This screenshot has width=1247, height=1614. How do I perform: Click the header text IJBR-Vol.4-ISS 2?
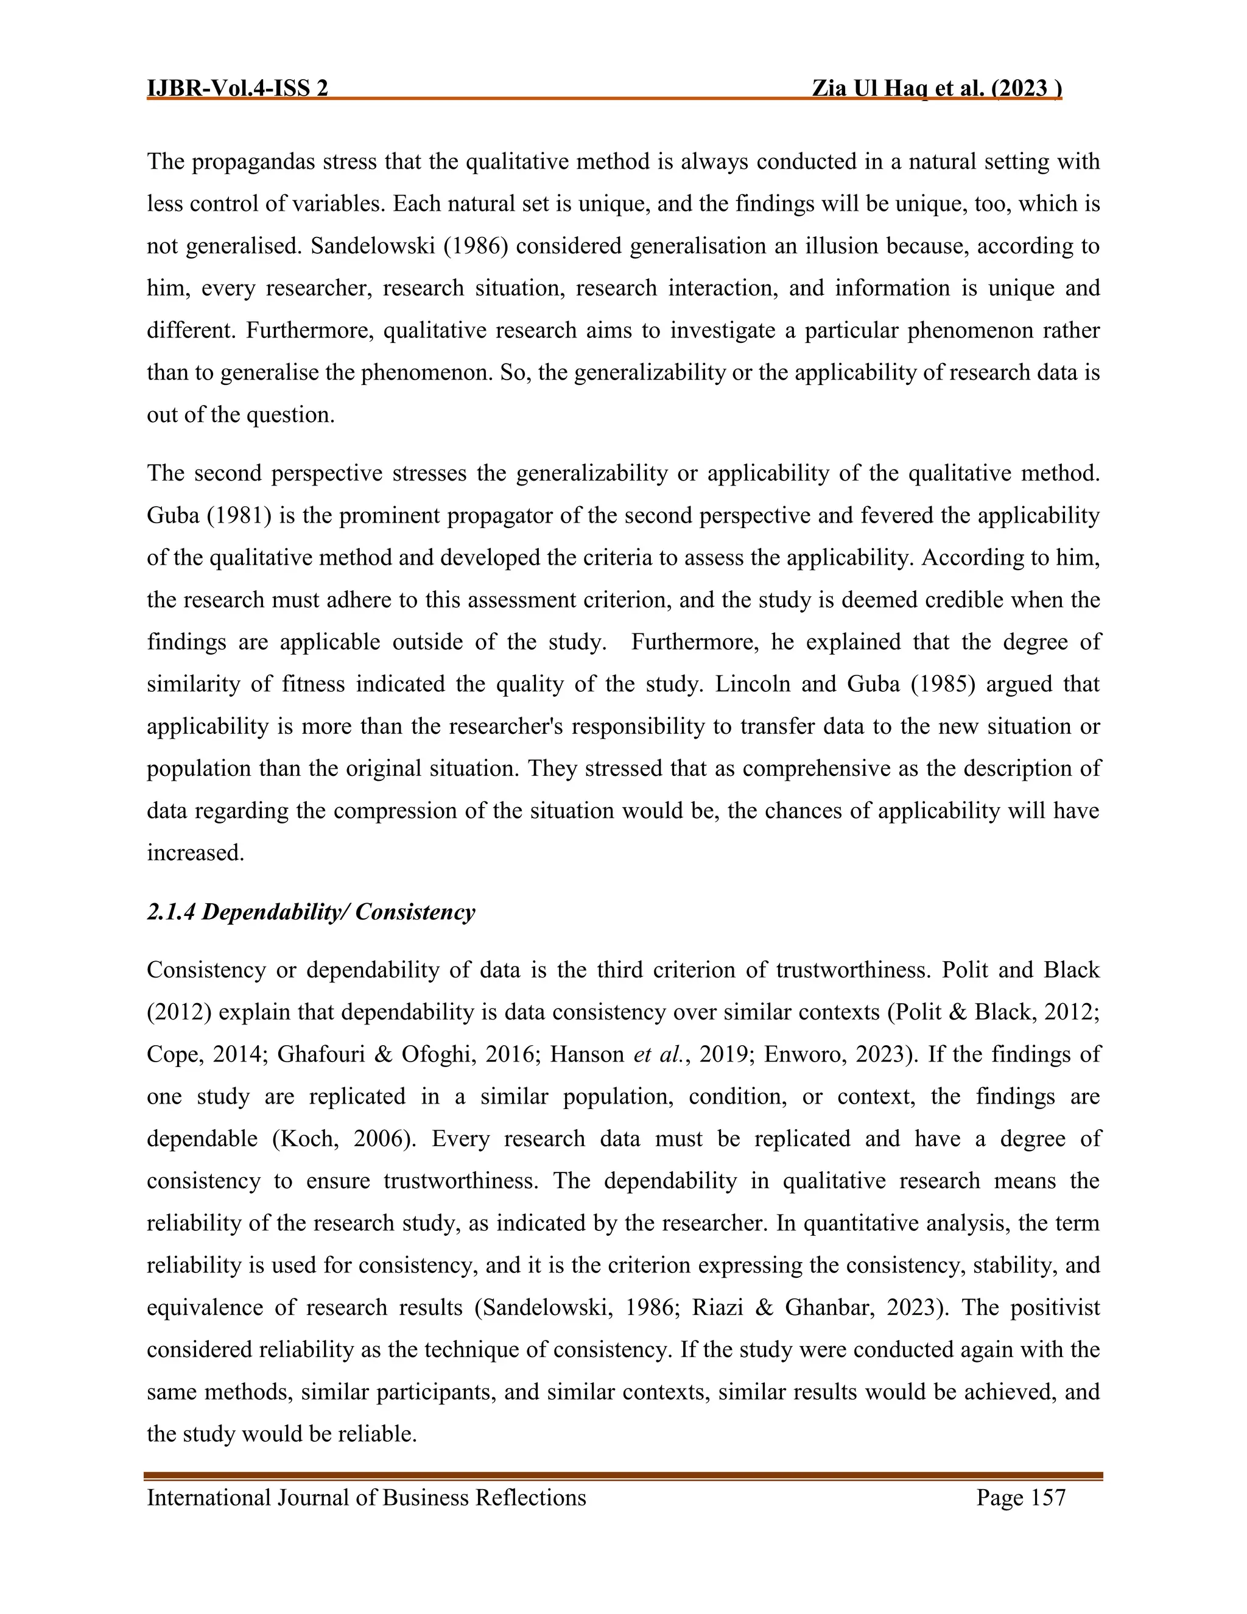point(238,89)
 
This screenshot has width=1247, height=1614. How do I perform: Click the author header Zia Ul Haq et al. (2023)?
point(936,89)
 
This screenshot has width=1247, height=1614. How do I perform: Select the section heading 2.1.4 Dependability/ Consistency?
point(311,912)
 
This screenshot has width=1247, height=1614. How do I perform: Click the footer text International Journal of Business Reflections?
point(367,1498)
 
